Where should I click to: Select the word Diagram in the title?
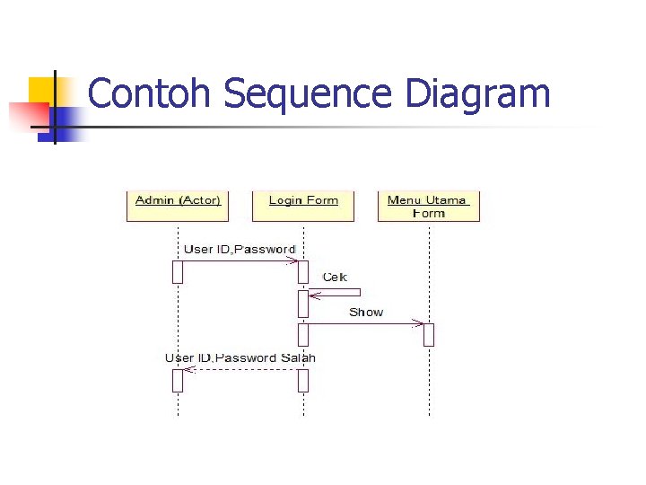pyautogui.click(x=477, y=94)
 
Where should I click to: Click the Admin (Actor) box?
pyautogui.click(x=178, y=205)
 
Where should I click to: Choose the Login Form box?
pyautogui.click(x=303, y=205)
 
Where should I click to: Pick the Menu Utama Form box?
pyautogui.click(x=429, y=206)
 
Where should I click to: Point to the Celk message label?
pyautogui.click(x=335, y=278)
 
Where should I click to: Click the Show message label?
pyautogui.click(x=366, y=313)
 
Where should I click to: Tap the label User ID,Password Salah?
pyautogui.click(x=240, y=358)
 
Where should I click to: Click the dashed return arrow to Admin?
pyautogui.click(x=240, y=369)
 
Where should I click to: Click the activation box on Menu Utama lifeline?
pyautogui.click(x=429, y=334)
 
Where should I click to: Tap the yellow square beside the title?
pyautogui.click(x=41, y=89)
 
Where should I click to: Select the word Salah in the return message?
pyautogui.click(x=299, y=358)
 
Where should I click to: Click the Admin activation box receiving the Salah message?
pyautogui.click(x=178, y=380)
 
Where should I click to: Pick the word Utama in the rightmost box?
pyautogui.click(x=446, y=199)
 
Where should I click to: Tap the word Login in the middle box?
pyautogui.click(x=286, y=199)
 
